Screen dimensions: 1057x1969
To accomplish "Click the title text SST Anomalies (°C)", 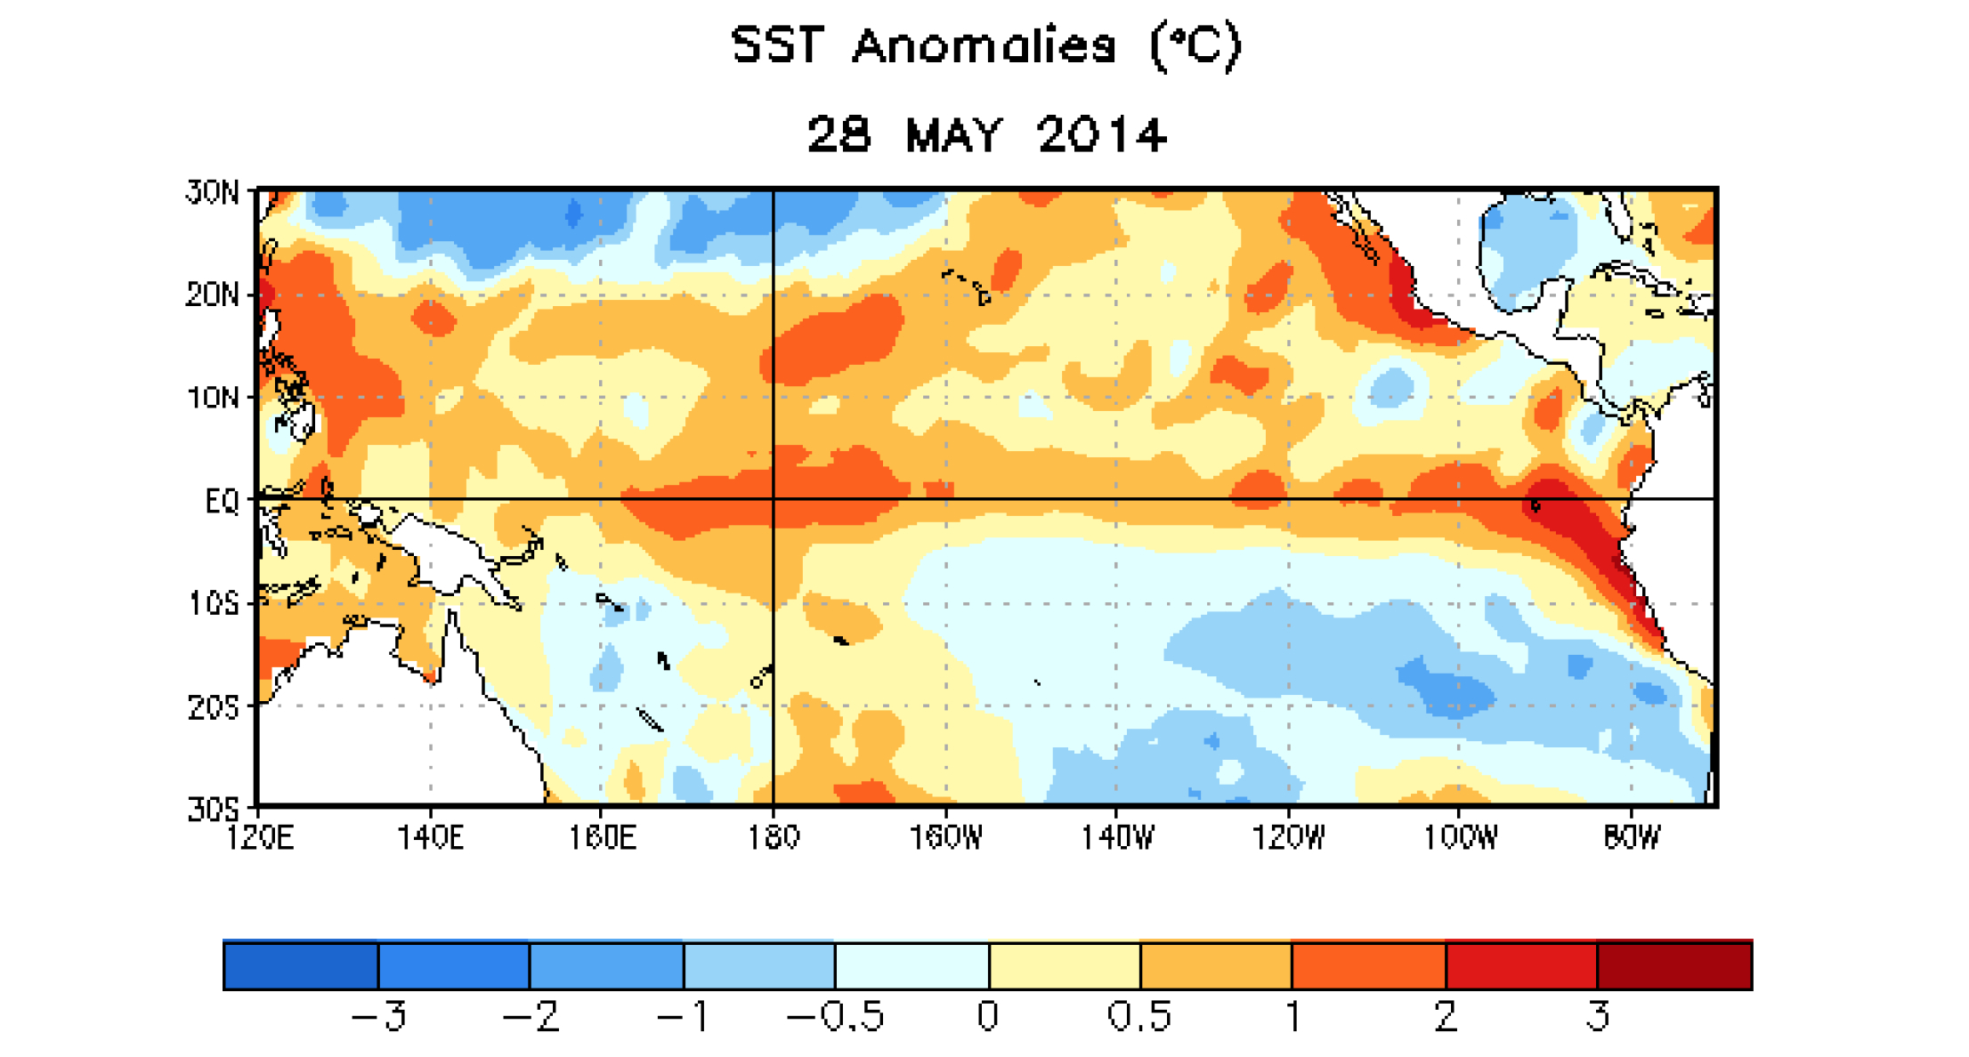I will (x=985, y=46).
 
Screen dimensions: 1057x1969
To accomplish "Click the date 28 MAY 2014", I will (x=985, y=135).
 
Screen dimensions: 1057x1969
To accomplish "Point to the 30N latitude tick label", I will (x=213, y=192).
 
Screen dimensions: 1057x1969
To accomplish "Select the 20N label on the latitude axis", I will (x=213, y=295).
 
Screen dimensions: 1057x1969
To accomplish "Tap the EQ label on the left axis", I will (x=222, y=501).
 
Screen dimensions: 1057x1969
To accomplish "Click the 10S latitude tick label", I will (x=214, y=604).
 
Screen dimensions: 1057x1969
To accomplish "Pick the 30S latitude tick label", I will (x=214, y=809).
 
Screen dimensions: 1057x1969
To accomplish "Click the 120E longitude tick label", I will (x=259, y=837).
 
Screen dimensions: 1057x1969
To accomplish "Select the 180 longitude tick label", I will (x=773, y=837).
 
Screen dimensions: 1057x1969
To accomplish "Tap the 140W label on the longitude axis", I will (x=1116, y=837).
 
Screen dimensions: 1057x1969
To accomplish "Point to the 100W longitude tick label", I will (x=1460, y=837).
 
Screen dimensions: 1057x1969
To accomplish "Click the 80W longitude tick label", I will (x=1631, y=837).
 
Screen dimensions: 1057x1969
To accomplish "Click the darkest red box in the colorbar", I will (x=1674, y=966).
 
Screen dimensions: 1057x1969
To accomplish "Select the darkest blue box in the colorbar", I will (x=301, y=966).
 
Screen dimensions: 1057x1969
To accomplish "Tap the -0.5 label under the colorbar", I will (x=835, y=1016).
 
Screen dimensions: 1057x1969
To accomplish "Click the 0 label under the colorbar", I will (x=988, y=1016).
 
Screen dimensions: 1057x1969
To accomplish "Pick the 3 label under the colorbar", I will (x=1599, y=1016).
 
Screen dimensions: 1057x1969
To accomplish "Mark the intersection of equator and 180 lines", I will (x=773, y=499).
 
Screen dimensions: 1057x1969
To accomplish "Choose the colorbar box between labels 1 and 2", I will (x=1368, y=966).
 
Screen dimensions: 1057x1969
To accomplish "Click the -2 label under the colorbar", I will (x=531, y=1016).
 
